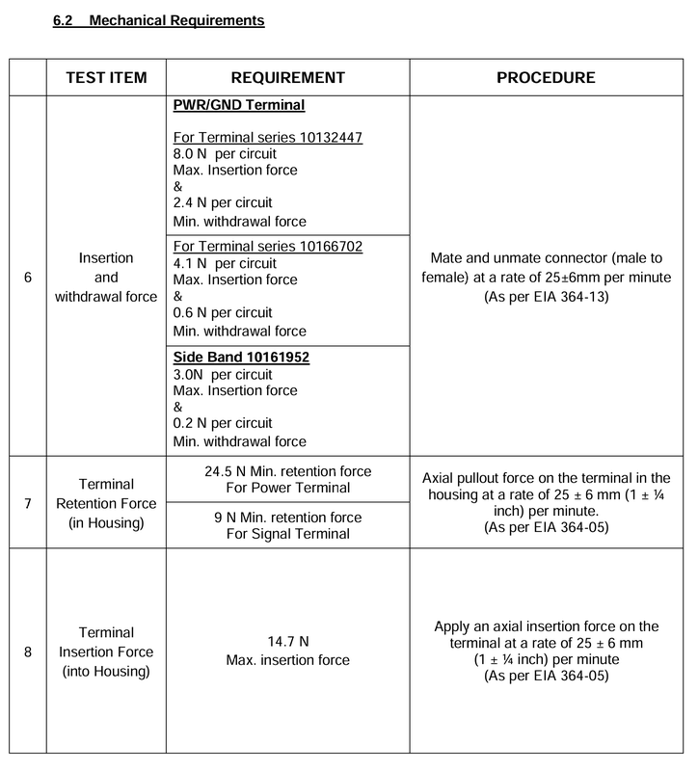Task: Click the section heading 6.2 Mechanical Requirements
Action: (x=159, y=19)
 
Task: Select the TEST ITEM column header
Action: (x=106, y=78)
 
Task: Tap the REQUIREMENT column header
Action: (x=287, y=78)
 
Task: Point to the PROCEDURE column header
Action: (x=546, y=78)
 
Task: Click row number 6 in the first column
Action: (x=27, y=277)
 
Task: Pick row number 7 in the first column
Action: (x=27, y=502)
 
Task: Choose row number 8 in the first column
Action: (x=27, y=651)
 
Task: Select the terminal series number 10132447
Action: (x=322, y=138)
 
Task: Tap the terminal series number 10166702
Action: (x=322, y=247)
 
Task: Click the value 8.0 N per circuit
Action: (x=223, y=154)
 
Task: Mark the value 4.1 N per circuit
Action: (x=223, y=263)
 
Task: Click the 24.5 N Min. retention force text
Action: (x=287, y=471)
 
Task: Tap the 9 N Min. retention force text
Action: (x=287, y=518)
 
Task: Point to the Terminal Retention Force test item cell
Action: (x=106, y=502)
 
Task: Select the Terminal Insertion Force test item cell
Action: (x=106, y=651)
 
